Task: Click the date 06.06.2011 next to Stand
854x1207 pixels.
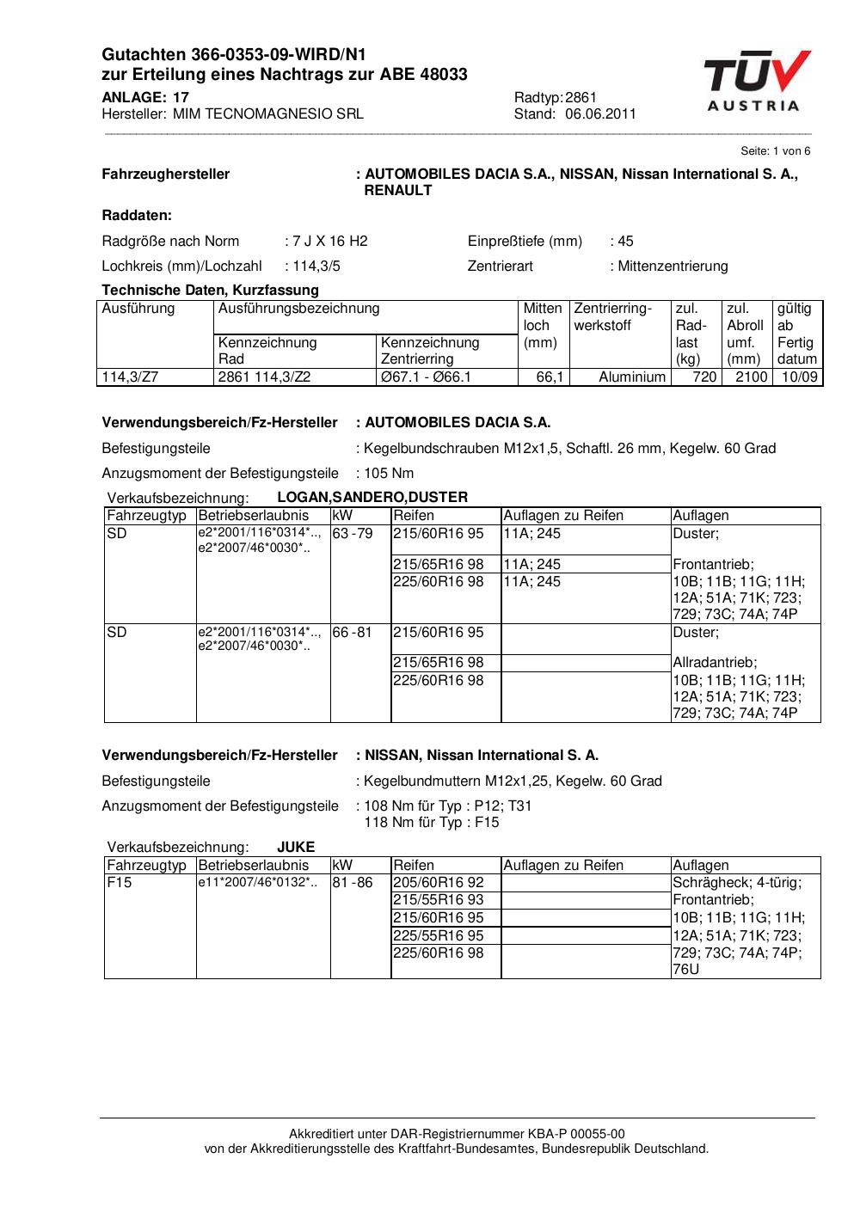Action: (x=600, y=113)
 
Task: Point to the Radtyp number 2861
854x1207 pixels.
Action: (x=581, y=97)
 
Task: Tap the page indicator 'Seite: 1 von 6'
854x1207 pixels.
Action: (x=775, y=150)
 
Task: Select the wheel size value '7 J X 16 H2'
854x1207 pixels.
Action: (x=330, y=241)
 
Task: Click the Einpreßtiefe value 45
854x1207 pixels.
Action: (x=625, y=241)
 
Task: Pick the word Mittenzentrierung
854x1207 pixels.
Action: (x=673, y=266)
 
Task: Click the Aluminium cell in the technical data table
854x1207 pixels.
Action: (x=632, y=377)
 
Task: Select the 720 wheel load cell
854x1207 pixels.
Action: (x=704, y=377)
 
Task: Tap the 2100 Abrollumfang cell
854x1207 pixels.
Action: (x=751, y=377)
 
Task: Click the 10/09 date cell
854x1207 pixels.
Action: (x=799, y=377)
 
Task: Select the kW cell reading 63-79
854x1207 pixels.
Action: (x=353, y=533)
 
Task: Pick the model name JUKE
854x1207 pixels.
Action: (x=296, y=847)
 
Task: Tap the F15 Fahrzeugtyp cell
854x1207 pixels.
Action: (x=120, y=882)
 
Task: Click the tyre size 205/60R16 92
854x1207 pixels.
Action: (x=439, y=882)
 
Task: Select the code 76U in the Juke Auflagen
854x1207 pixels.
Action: (x=686, y=970)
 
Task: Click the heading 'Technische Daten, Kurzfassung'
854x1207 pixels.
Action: (x=210, y=290)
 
